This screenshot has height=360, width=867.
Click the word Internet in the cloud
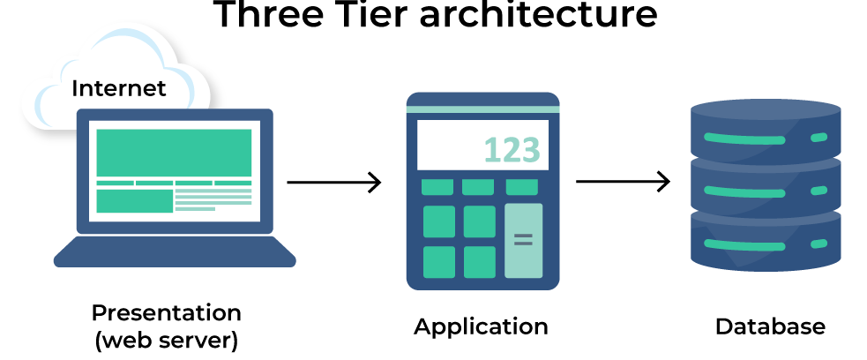(118, 89)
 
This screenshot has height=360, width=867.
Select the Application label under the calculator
(481, 326)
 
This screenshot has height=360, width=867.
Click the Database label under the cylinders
(770, 326)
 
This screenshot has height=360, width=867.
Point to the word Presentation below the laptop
(166, 312)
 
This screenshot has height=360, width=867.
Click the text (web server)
(166, 340)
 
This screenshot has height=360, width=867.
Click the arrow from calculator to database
(623, 183)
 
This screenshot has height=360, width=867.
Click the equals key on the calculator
(523, 239)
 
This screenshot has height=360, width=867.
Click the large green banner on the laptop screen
(173, 152)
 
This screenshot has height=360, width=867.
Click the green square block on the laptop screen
(134, 200)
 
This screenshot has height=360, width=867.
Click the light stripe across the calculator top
(482, 109)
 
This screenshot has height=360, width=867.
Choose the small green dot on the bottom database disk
(818, 243)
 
